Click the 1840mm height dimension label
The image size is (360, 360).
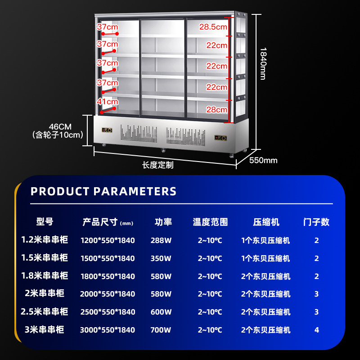click(x=263, y=63)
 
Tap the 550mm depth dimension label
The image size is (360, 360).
click(x=263, y=160)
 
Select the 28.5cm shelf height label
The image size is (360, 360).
click(x=213, y=27)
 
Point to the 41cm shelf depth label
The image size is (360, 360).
click(x=108, y=102)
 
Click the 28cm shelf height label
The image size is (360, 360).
click(x=217, y=109)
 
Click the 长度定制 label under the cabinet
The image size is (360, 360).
click(x=158, y=165)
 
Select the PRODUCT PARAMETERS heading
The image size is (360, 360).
click(x=103, y=191)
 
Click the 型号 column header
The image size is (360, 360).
click(x=45, y=222)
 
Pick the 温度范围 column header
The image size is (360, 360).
click(x=210, y=222)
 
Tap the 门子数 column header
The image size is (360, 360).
click(x=317, y=222)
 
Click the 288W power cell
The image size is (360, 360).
click(x=161, y=240)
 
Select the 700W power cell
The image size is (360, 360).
click(x=161, y=330)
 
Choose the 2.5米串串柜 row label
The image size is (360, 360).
click(x=45, y=311)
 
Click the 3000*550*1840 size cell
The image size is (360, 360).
click(x=108, y=330)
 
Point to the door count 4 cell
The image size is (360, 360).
click(x=317, y=330)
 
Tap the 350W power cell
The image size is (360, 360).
click(x=161, y=258)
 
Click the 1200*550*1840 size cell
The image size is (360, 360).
click(x=108, y=240)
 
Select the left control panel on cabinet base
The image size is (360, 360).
click(x=108, y=130)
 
